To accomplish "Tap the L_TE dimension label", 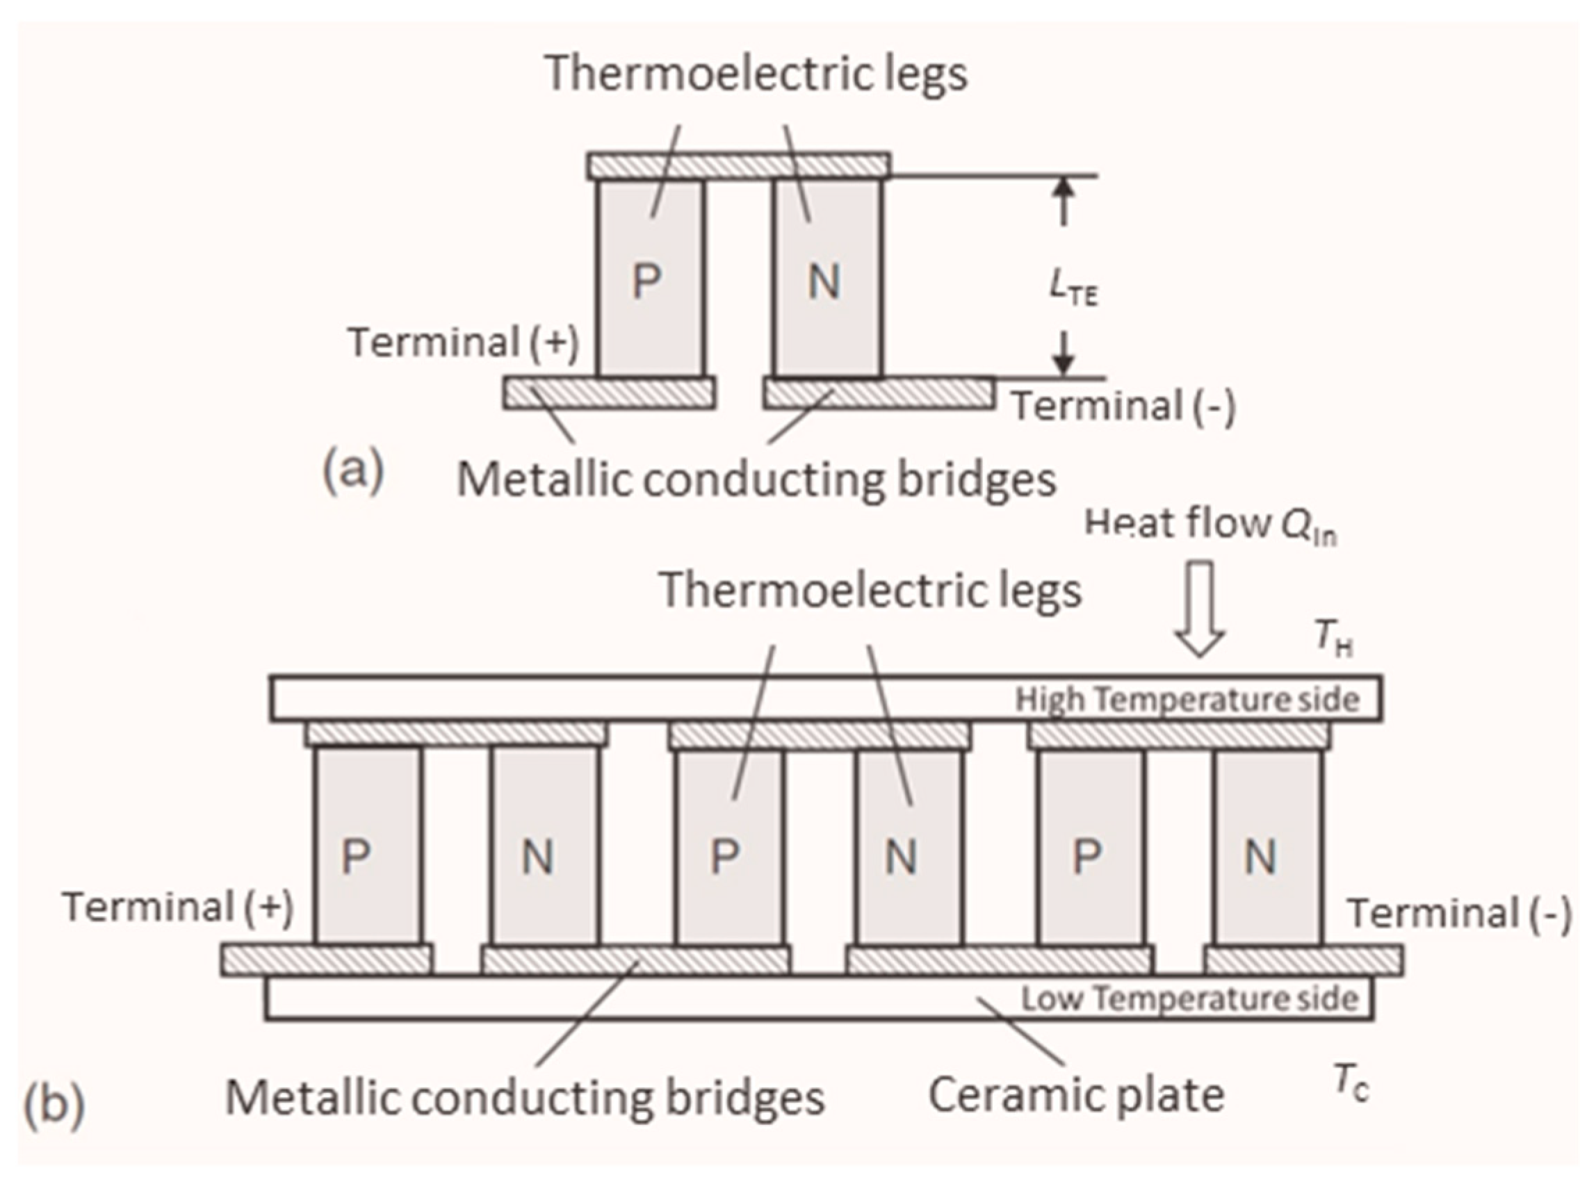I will pyautogui.click(x=1072, y=290).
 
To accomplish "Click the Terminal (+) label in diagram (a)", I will pyautogui.click(x=464, y=343).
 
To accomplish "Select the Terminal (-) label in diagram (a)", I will pyautogui.click(x=1123, y=406).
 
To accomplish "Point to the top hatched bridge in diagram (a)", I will pyautogui.click(x=738, y=166).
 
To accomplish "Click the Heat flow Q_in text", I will pyautogui.click(x=1210, y=524).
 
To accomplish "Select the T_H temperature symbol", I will pyautogui.click(x=1333, y=638).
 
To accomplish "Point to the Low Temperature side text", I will pyautogui.click(x=1189, y=999).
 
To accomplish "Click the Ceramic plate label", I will pyautogui.click(x=1076, y=1096).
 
